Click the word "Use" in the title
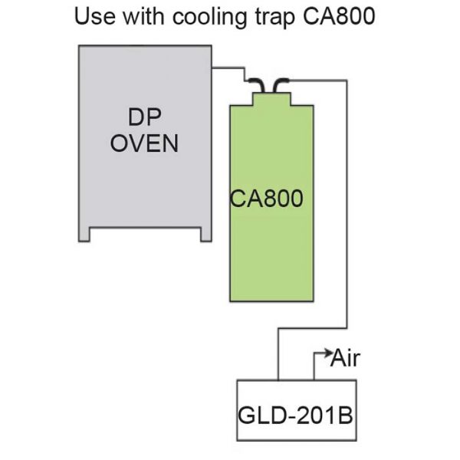click(95, 16)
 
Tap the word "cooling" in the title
click(209, 18)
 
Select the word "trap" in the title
click(275, 18)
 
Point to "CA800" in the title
click(339, 16)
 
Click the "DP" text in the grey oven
click(145, 117)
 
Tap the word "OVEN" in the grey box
click(144, 143)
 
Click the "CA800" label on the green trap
click(266, 199)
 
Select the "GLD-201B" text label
click(295, 415)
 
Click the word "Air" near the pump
click(345, 358)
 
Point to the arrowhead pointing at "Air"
click(327, 353)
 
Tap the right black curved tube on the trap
click(281, 85)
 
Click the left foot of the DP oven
click(84, 235)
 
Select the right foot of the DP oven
click(206, 235)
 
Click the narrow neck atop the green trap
click(271, 99)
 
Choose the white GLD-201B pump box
click(297, 410)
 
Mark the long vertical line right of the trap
click(347, 204)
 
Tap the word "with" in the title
click(143, 16)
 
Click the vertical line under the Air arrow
click(314, 366)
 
